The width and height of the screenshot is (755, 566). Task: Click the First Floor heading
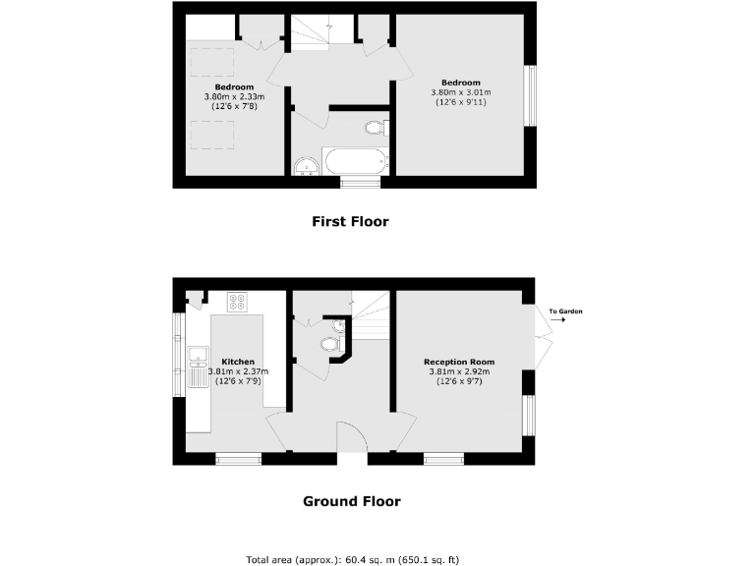(350, 222)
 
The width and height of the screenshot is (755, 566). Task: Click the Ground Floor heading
(351, 501)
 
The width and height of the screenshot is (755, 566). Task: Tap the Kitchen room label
(238, 361)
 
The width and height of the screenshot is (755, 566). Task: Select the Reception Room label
(458, 362)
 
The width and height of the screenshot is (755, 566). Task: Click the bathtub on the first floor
(354, 162)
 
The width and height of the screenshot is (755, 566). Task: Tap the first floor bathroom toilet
(375, 128)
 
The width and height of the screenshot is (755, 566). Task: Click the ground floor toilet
(330, 344)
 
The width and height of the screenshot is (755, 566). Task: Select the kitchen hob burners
(238, 302)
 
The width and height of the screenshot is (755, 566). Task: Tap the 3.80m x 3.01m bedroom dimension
(460, 92)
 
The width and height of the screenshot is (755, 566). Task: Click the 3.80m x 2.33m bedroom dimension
(230, 97)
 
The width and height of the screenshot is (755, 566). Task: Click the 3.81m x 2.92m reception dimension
(458, 372)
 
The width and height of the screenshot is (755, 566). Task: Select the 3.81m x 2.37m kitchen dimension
(238, 371)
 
